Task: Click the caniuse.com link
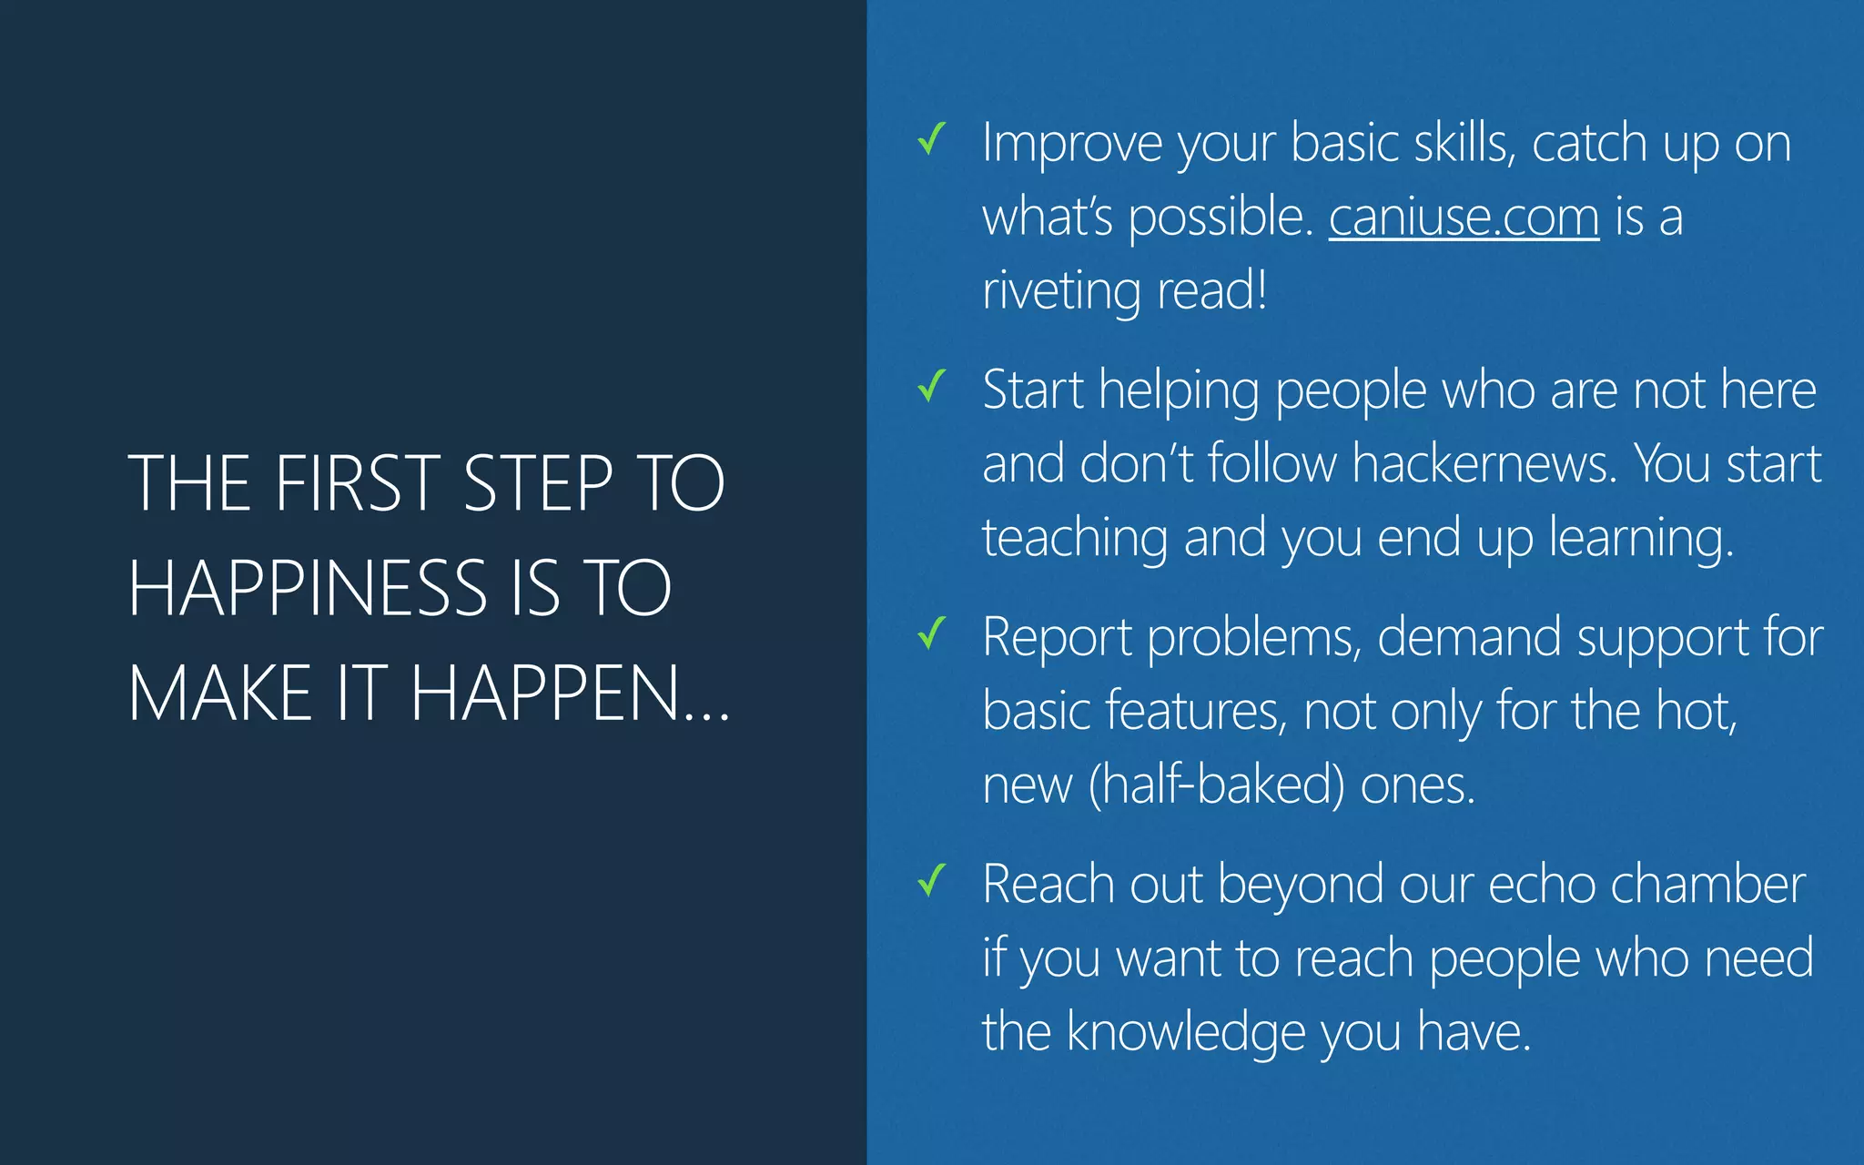click(1464, 218)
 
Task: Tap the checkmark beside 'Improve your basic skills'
click(932, 139)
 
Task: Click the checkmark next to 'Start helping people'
click(932, 386)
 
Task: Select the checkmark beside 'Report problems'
click(932, 633)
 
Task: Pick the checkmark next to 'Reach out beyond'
click(932, 880)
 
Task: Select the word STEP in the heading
click(538, 483)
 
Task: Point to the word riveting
click(1061, 291)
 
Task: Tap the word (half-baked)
click(1216, 785)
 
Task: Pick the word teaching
click(1075, 538)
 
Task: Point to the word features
click(1196, 711)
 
